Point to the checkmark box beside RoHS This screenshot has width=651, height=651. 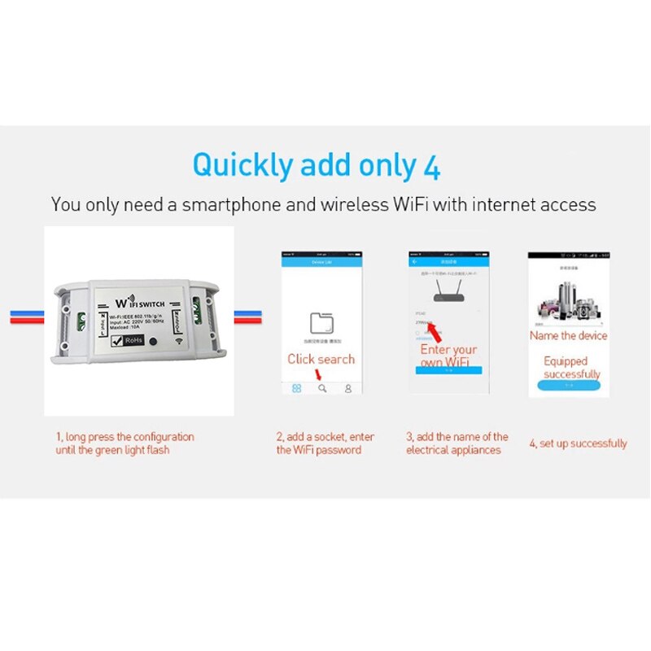pyautogui.click(x=107, y=342)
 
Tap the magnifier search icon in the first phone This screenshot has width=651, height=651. pyautogui.click(x=322, y=389)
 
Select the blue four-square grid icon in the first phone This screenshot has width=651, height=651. pyautogui.click(x=297, y=389)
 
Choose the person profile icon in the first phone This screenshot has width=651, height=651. pyautogui.click(x=348, y=389)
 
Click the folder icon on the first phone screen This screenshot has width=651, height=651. pyautogui.click(x=321, y=322)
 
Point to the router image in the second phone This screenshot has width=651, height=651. pyautogui.click(x=449, y=291)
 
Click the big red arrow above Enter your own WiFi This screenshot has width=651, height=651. pyautogui.click(x=439, y=332)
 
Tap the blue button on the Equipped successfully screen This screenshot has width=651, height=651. pyautogui.click(x=569, y=385)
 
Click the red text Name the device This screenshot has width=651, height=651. pyautogui.click(x=568, y=335)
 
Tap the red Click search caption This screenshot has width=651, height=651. pyautogui.click(x=321, y=359)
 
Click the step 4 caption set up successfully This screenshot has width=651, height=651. pyautogui.click(x=578, y=443)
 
